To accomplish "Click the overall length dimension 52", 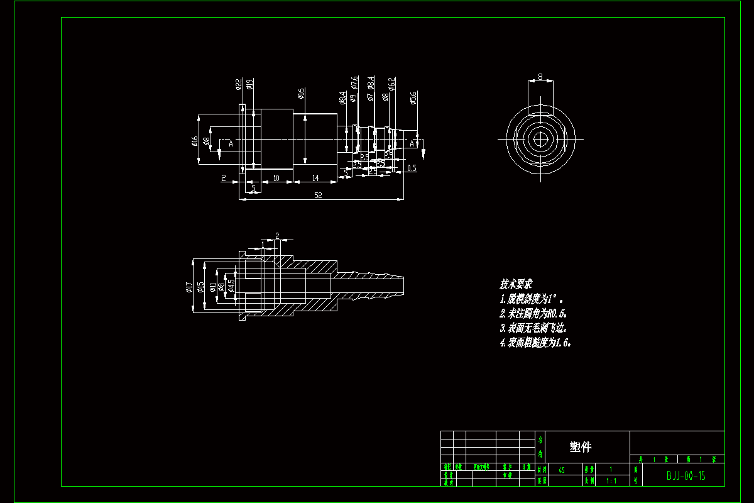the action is pyautogui.click(x=318, y=196).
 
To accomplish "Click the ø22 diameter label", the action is pyautogui.click(x=239, y=84).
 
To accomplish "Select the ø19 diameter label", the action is pyautogui.click(x=249, y=84).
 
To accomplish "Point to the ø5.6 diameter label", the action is pyautogui.click(x=413, y=98).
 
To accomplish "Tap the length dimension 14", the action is pyautogui.click(x=315, y=179).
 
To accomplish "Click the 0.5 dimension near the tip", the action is pyautogui.click(x=412, y=169).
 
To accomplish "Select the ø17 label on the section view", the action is pyautogui.click(x=189, y=287).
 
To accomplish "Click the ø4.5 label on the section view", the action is pyautogui.click(x=232, y=286).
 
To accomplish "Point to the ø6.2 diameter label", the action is pyautogui.click(x=391, y=84).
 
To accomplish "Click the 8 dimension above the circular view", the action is pyautogui.click(x=540, y=77).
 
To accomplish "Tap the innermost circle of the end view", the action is pyautogui.click(x=540, y=138).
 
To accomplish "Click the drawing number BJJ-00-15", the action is pyautogui.click(x=686, y=476).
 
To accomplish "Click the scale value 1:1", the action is pyautogui.click(x=611, y=481).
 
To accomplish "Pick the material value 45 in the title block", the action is pyautogui.click(x=561, y=470).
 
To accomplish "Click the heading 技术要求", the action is pyautogui.click(x=516, y=284).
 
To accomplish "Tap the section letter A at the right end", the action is pyautogui.click(x=412, y=144).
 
